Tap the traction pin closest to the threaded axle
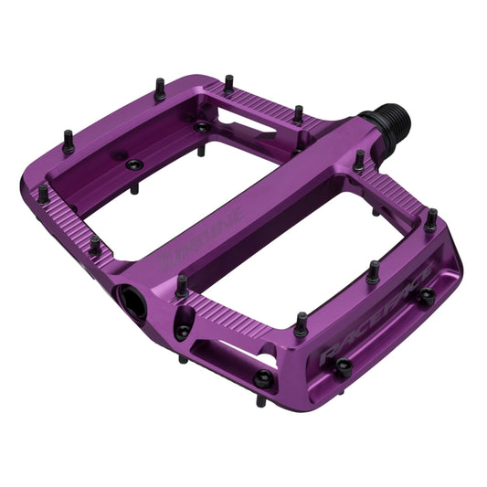pyautogui.click(x=359, y=159)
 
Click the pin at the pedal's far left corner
pyautogui.click(x=42, y=193)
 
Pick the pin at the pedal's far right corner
pyautogui.click(x=430, y=218)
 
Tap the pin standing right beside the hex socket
pyautogui.click(x=182, y=284)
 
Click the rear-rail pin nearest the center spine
pyautogui.click(x=298, y=113)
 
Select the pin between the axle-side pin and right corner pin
pyautogui.click(x=373, y=270)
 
